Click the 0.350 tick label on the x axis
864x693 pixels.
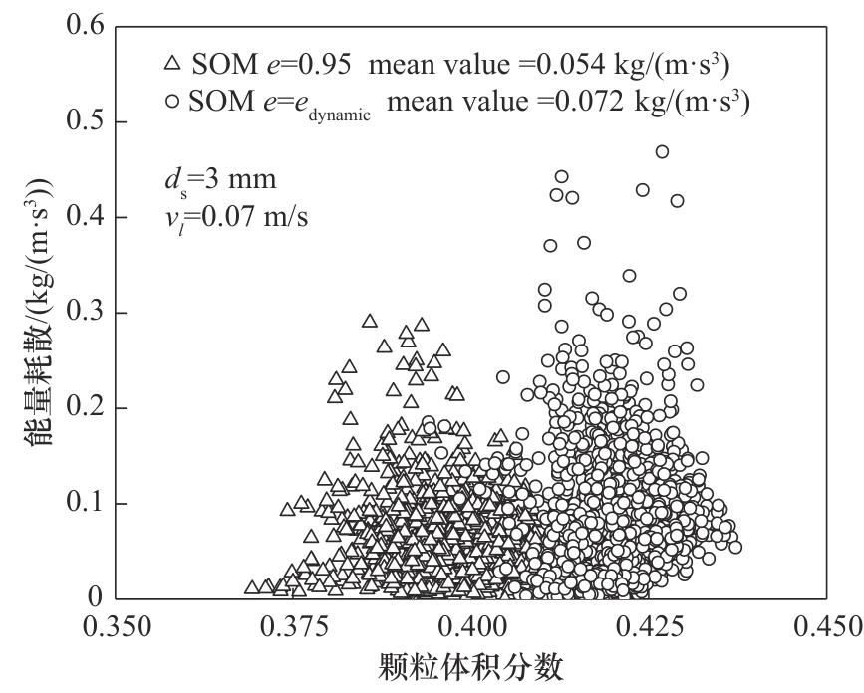point(117,629)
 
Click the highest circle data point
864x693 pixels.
point(662,151)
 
